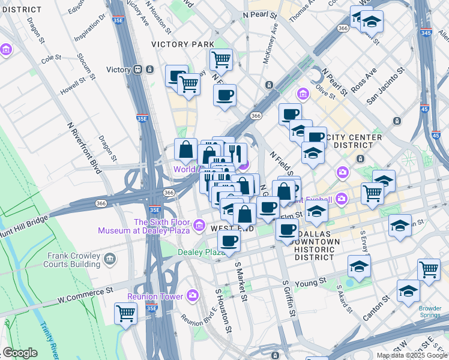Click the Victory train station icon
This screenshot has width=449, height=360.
click(137, 70)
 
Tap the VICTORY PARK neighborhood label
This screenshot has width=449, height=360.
click(182, 45)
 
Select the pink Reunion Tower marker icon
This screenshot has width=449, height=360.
click(193, 295)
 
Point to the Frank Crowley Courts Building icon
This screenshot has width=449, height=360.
click(109, 259)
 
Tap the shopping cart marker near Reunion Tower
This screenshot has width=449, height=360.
click(126, 313)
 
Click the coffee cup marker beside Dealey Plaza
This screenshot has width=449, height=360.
click(228, 242)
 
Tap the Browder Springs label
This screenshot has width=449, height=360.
click(430, 312)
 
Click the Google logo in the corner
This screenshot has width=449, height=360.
click(20, 353)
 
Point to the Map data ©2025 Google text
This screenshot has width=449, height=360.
click(412, 355)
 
